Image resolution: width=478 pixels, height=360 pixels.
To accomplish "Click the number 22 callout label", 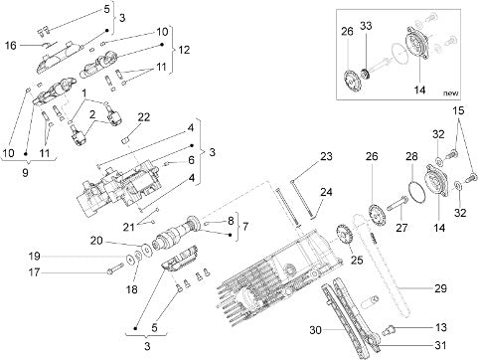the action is coord(144,117).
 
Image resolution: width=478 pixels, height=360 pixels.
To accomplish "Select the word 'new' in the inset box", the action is coord(451,93).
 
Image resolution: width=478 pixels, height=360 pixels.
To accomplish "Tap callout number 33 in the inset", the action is coord(366,26).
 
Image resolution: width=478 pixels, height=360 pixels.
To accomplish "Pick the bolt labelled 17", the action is coord(115,268).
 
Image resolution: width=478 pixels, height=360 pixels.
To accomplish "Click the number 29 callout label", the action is coord(440,288).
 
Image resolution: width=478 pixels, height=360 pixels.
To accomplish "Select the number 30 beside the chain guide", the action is coord(316,330).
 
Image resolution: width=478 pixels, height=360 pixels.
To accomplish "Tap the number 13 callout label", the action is coord(441,327).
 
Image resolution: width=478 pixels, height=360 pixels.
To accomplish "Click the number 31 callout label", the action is coord(440,345).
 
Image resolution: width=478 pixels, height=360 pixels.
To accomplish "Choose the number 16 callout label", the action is coord(10,45).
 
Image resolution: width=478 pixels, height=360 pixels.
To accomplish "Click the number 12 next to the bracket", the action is coord(184,50).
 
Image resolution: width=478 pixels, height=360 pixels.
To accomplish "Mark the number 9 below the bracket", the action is coord(26,172).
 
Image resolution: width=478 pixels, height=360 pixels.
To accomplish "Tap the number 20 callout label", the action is coord(96,241).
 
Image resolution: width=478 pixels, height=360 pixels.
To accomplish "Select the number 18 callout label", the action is coord(131,289).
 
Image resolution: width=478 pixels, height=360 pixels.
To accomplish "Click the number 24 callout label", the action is coord(326,192).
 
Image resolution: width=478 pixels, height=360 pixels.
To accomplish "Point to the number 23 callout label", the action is coord(326,156).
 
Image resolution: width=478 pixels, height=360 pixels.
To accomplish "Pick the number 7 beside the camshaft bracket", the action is coord(245,227).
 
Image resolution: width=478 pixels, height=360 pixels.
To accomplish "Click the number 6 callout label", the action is coord(191,160).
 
